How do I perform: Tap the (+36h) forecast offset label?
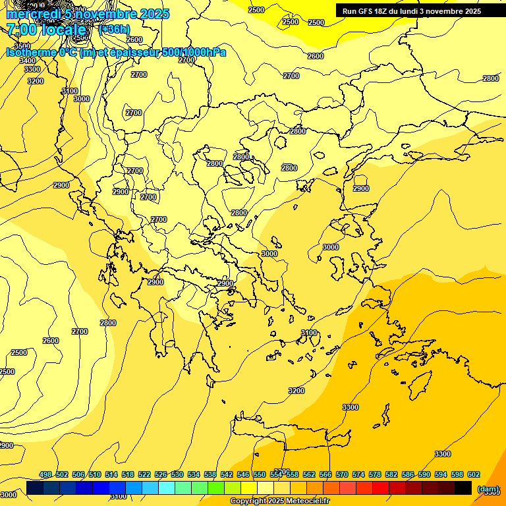pyautogui.click(x=114, y=29)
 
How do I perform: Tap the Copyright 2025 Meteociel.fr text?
pyautogui.click(x=279, y=501)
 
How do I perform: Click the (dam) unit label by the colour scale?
pyautogui.click(x=488, y=488)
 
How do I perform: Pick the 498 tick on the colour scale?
pyautogui.click(x=45, y=474)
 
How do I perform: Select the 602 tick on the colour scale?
pyautogui.click(x=474, y=474)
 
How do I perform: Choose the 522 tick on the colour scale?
pyautogui.click(x=144, y=474)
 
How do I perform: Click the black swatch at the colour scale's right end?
pyautogui.click(x=463, y=488)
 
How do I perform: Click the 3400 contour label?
pyautogui.click(x=28, y=61)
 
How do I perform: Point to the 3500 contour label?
pyautogui.click(x=22, y=46)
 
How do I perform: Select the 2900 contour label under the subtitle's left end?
pyautogui.click(x=61, y=185)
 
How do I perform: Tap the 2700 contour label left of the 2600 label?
pyautogui.click(x=80, y=331)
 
